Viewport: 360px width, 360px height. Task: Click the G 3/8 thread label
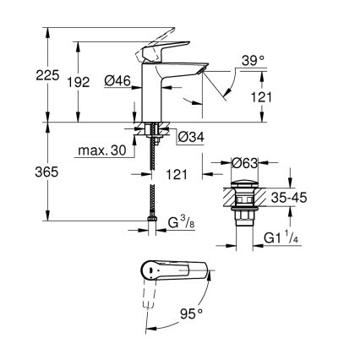(182, 224)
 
